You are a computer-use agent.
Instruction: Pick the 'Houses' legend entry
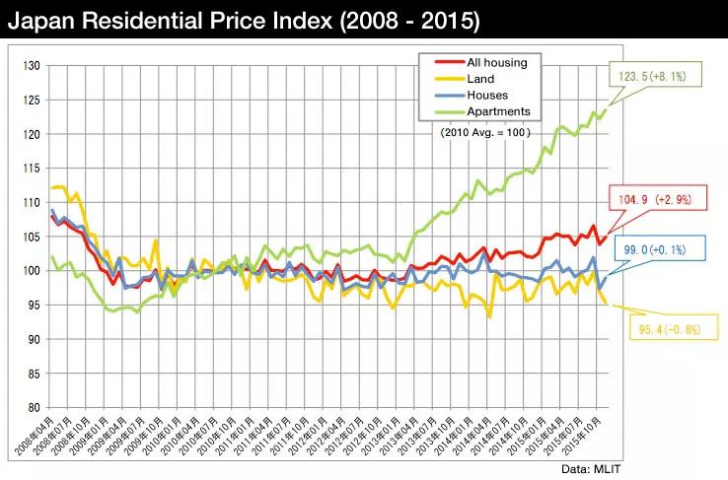coord(485,96)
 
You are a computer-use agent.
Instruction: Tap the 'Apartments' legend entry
coord(497,111)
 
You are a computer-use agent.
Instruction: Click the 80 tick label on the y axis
coord(34,407)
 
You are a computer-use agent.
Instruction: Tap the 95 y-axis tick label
coord(34,305)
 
